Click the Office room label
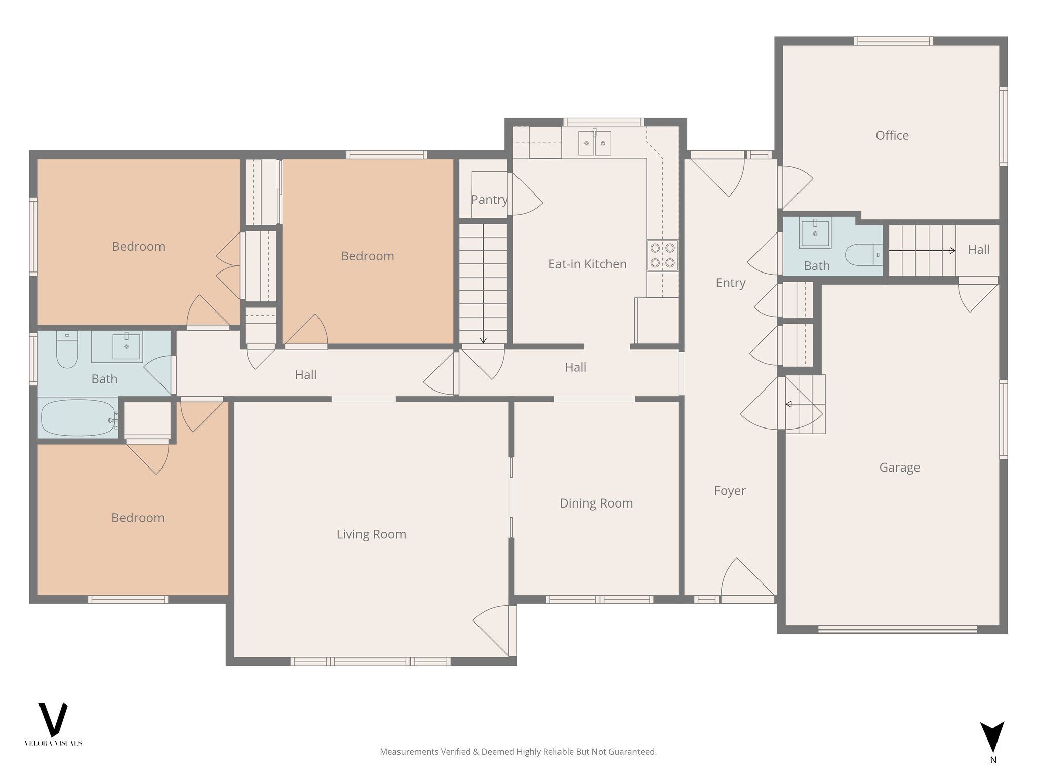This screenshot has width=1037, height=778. (892, 135)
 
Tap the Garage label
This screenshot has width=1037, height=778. (899, 467)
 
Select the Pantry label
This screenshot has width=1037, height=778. (489, 200)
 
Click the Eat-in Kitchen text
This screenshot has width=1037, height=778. (587, 264)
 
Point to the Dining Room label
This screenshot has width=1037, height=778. (596, 503)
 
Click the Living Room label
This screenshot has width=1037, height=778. (371, 534)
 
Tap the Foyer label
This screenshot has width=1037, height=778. (730, 490)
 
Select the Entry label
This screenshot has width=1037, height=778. (730, 283)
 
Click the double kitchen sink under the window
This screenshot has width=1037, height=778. (595, 143)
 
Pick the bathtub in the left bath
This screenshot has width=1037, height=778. (78, 418)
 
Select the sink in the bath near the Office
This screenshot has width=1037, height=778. (815, 234)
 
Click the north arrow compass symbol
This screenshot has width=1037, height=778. (992, 737)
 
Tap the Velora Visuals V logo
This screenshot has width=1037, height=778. (53, 719)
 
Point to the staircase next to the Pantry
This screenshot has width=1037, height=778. (483, 284)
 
